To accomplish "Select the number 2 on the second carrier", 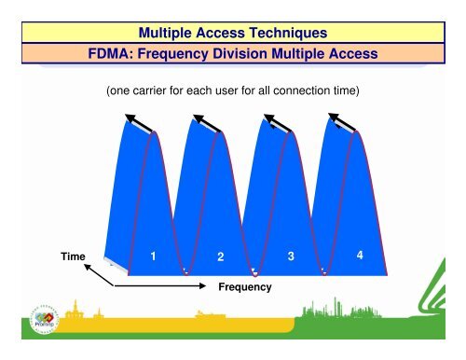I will (221, 256).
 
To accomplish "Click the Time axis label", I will (74, 254).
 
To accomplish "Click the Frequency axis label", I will (245, 287).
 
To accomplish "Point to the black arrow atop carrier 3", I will (273, 123).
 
